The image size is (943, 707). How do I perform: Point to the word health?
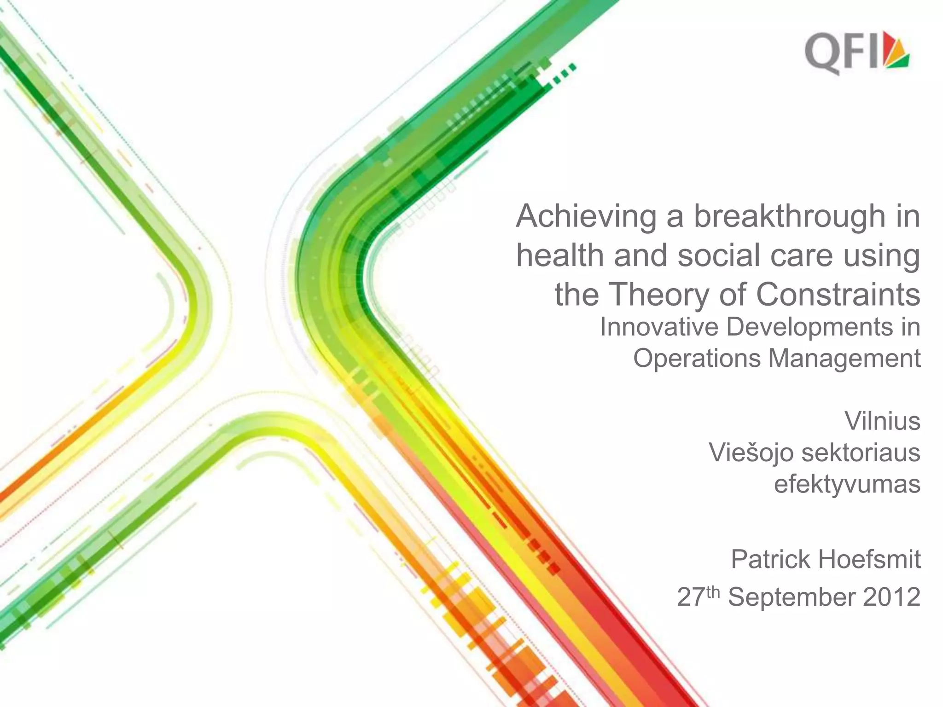(x=559, y=255)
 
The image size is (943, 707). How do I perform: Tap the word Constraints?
(x=838, y=295)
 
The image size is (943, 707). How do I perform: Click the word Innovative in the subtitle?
(x=659, y=327)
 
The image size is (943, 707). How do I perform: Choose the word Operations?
(x=697, y=359)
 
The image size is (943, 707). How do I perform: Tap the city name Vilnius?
(x=882, y=421)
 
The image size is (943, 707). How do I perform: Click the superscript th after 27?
(x=712, y=591)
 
